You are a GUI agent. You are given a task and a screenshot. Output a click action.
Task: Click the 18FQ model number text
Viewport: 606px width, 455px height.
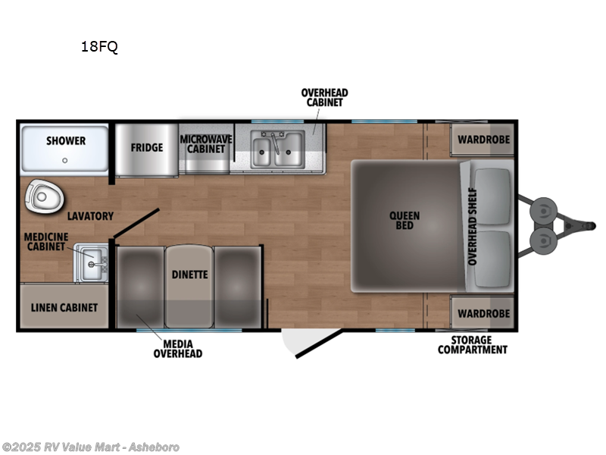click(x=99, y=47)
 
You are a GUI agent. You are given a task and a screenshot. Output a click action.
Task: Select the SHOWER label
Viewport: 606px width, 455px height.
click(x=66, y=141)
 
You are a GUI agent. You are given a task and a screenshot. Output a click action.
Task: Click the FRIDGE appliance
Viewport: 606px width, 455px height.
click(x=146, y=147)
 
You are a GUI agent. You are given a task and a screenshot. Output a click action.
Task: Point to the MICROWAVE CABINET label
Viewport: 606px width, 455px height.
click(x=206, y=144)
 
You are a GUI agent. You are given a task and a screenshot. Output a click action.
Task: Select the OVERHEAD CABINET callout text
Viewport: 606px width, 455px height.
click(x=324, y=98)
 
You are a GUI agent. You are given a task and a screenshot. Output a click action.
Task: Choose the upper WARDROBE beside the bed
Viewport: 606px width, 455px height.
click(x=483, y=140)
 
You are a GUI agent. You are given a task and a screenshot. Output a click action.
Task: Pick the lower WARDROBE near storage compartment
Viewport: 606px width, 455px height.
click(x=483, y=312)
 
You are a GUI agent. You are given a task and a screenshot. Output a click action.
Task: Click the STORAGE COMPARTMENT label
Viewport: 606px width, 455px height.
click(x=473, y=345)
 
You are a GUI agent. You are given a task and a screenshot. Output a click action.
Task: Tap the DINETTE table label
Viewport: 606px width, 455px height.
click(x=189, y=275)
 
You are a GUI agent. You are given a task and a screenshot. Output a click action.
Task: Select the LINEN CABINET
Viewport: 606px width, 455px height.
click(x=64, y=307)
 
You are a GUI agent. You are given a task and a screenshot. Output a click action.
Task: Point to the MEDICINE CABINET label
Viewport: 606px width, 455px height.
click(x=46, y=241)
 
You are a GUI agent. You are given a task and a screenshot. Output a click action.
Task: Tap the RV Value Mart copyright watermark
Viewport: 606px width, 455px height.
click(x=91, y=447)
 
